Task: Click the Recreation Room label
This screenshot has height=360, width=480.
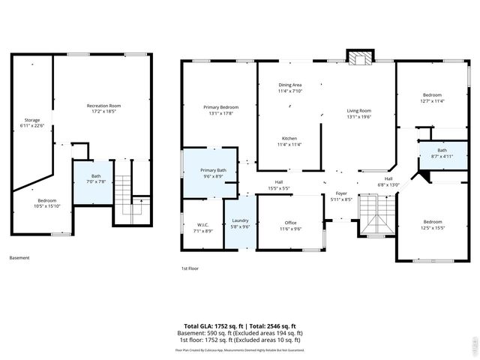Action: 104,109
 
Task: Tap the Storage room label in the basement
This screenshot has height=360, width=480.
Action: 32,123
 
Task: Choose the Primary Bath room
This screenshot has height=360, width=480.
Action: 212,173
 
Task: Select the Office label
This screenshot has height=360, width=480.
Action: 291,225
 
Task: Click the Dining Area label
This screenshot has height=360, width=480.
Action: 290,88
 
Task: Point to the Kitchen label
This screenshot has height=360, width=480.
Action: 290,142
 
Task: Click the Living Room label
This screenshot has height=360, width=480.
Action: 358,113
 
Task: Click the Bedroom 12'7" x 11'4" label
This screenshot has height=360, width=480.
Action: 432,97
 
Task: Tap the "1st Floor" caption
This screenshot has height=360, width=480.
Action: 190,268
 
